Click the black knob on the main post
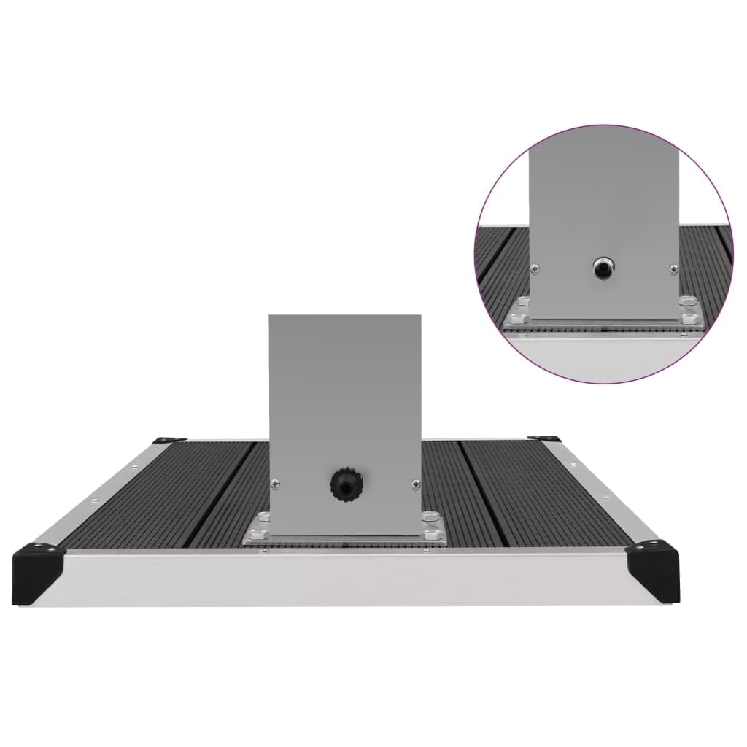click(344, 482)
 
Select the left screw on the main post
click(275, 481)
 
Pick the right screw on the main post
click(415, 481)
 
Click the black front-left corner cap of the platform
click(39, 565)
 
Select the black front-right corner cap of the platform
click(653, 565)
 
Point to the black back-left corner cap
click(166, 439)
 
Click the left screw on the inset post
click(535, 268)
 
